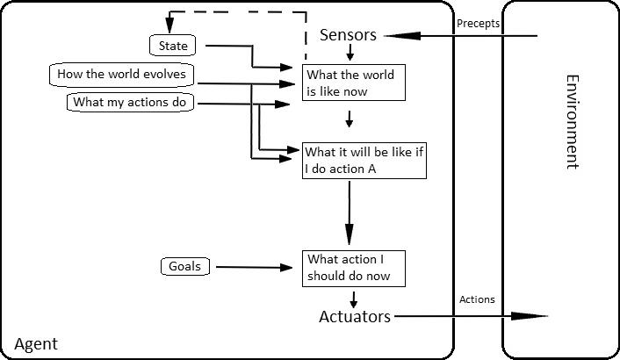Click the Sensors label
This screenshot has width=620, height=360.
click(x=348, y=35)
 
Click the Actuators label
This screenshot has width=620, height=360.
click(x=354, y=317)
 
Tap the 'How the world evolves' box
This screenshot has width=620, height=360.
click(x=121, y=75)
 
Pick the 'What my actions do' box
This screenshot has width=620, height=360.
click(x=131, y=103)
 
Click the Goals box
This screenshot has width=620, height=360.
click(x=185, y=266)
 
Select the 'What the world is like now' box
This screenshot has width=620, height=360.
click(x=353, y=83)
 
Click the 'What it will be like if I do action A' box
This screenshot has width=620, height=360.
click(x=365, y=160)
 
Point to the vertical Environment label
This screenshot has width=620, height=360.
click(x=572, y=122)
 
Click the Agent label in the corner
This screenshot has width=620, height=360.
click(x=36, y=344)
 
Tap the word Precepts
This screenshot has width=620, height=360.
click(x=478, y=24)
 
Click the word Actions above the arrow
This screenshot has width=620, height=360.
click(x=477, y=299)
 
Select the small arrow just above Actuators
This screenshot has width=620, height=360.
click(x=353, y=299)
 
